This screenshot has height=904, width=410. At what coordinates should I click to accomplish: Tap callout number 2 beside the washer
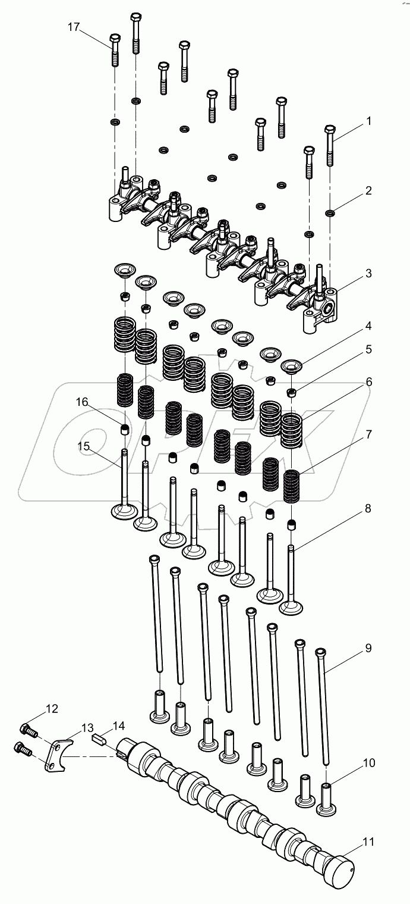(x=368, y=190)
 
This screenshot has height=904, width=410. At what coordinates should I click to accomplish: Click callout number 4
(x=368, y=326)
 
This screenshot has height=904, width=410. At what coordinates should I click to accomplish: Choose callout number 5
(x=368, y=349)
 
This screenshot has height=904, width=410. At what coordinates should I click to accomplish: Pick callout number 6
(x=368, y=381)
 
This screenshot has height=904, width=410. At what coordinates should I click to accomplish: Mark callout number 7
(x=368, y=434)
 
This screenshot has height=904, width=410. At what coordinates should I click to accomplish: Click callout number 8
(x=368, y=508)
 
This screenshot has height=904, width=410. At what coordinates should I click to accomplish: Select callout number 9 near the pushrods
(x=368, y=648)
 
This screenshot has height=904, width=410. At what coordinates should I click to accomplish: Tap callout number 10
(x=368, y=762)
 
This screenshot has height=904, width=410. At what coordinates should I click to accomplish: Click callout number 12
(x=52, y=708)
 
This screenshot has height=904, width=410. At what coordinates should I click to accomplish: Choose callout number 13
(x=87, y=728)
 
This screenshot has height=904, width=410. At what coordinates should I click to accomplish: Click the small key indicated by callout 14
(x=100, y=740)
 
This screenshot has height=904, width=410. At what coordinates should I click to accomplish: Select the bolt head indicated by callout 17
(x=115, y=41)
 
